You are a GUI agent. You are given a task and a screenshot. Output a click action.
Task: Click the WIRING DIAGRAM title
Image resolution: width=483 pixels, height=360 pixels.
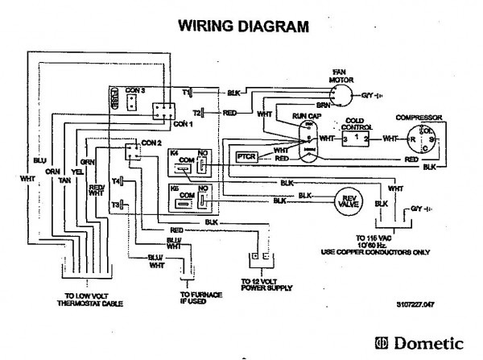pyautogui.click(x=242, y=27)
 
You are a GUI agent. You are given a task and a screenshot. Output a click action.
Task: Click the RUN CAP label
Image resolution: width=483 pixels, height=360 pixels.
pyautogui.click(x=306, y=117)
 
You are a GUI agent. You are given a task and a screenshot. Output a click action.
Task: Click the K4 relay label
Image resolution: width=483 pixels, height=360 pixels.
pyautogui.click(x=175, y=151)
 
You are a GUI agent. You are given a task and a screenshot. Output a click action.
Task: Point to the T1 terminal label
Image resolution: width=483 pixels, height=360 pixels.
pyautogui.click(x=185, y=93)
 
